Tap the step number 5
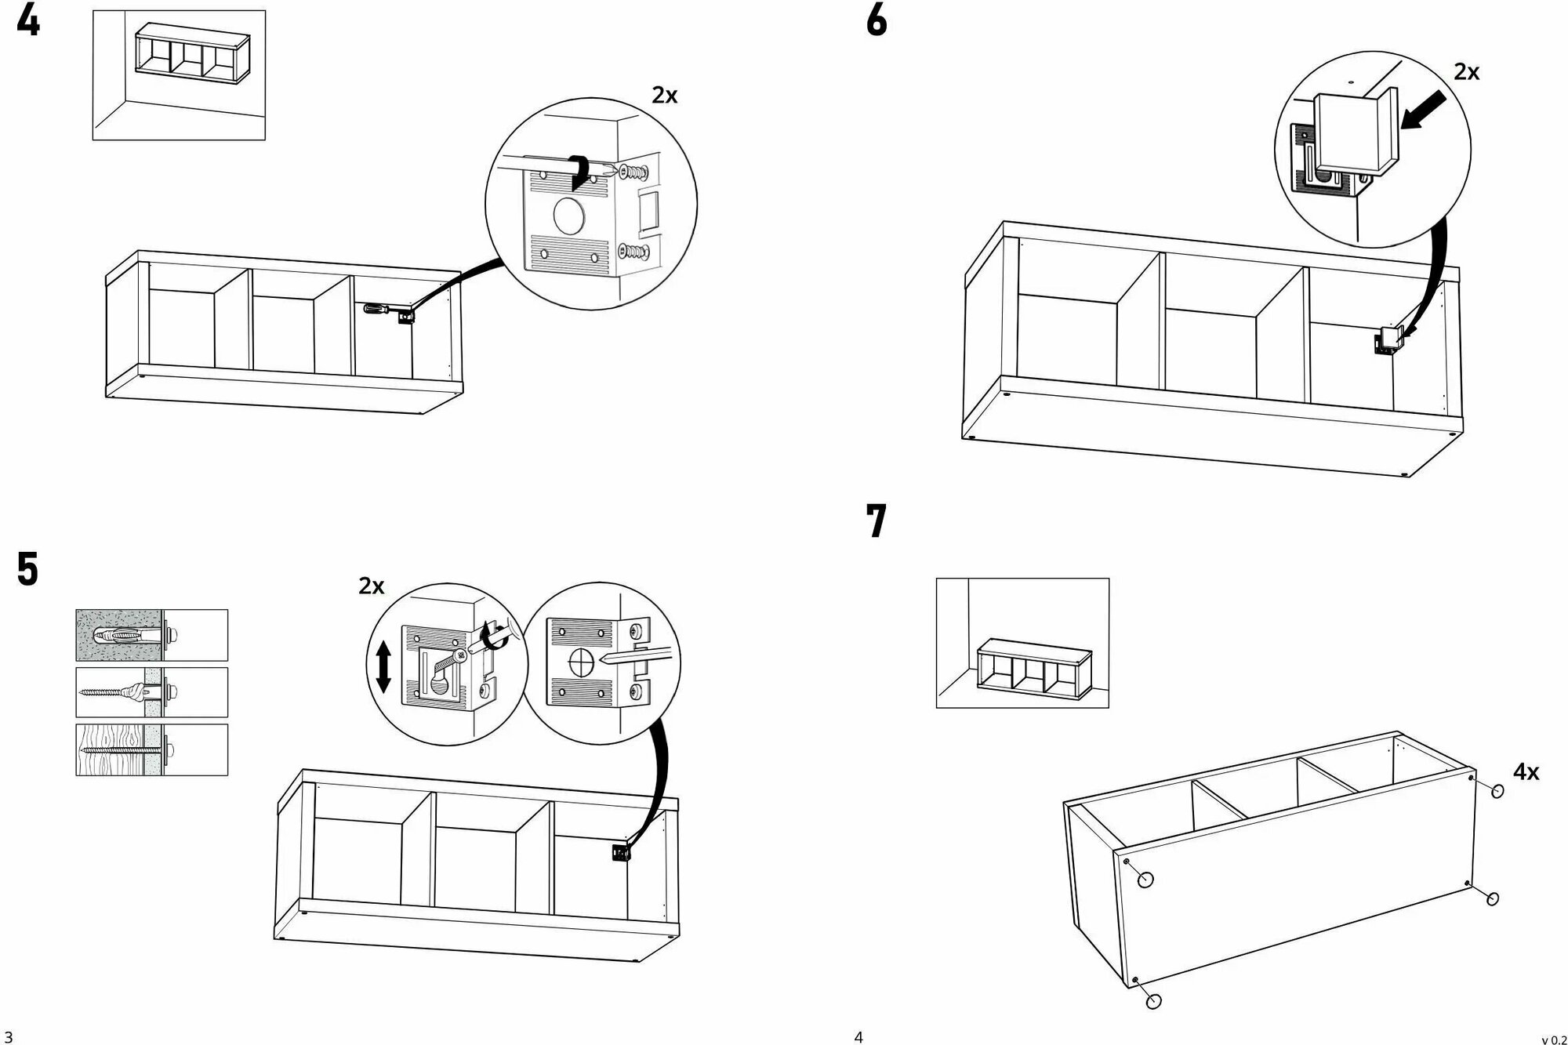click(x=27, y=570)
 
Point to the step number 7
click(x=877, y=521)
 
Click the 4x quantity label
click(x=1526, y=772)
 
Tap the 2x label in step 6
click(x=1466, y=72)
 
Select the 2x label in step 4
click(x=664, y=95)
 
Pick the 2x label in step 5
click(x=372, y=586)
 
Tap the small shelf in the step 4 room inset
click(x=191, y=52)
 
